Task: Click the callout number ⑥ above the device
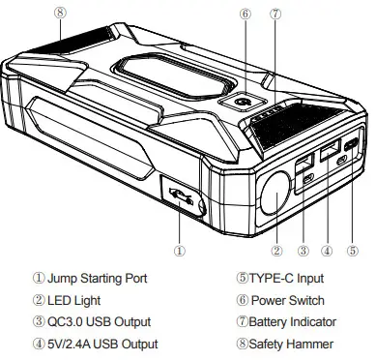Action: (246, 15)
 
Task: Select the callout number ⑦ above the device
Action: (276, 15)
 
